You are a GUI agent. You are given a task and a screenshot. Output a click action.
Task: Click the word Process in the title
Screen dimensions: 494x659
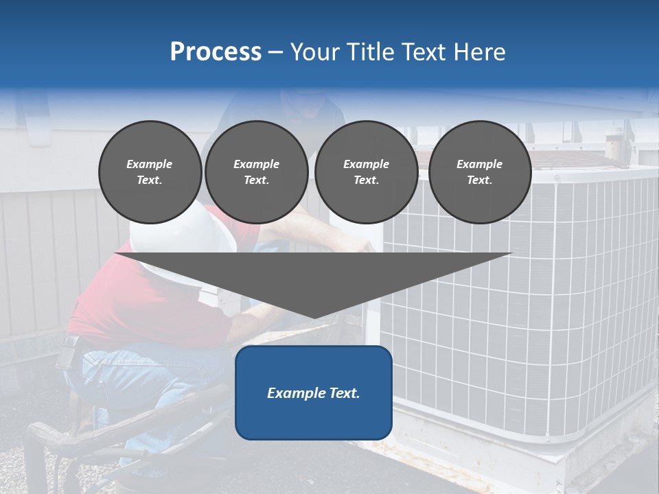(216, 52)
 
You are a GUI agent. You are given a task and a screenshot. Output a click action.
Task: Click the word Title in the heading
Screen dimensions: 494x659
(369, 52)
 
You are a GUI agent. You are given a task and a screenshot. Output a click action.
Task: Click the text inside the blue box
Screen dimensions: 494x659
(313, 393)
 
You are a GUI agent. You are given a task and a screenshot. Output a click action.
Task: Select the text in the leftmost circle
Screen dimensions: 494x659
(150, 172)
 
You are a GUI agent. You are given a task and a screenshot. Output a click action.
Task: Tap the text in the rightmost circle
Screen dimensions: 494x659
(479, 172)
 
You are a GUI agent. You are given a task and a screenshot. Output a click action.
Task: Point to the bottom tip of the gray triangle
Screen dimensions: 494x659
(314, 316)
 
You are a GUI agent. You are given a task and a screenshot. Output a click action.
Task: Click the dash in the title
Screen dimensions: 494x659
(275, 52)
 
